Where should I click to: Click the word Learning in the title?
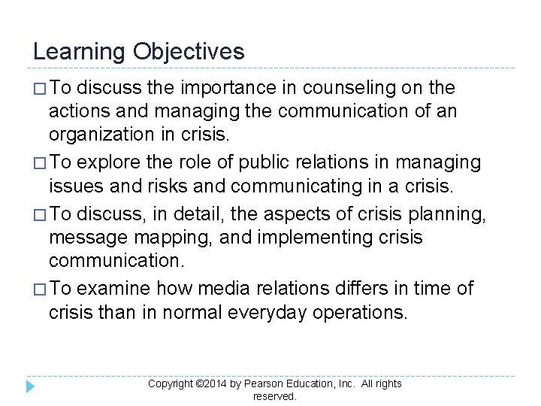click(x=80, y=52)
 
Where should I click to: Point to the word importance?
click(x=228, y=88)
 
